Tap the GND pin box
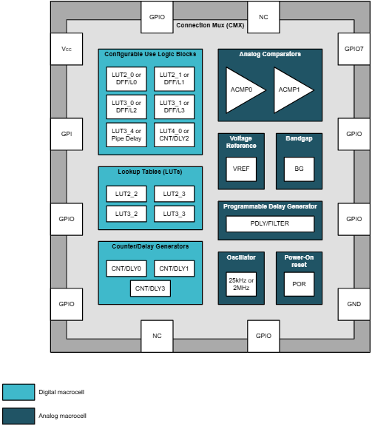pyautogui.click(x=354, y=304)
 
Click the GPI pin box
pyautogui.click(x=67, y=134)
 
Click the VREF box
pyautogui.click(x=241, y=169)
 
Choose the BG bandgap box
pyautogui.click(x=299, y=169)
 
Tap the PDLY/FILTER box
pyautogui.click(x=270, y=224)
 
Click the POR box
pyautogui.click(x=299, y=284)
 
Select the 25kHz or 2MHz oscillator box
pyautogui.click(x=241, y=284)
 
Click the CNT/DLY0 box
pyautogui.click(x=126, y=268)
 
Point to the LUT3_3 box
pyautogui.click(x=175, y=213)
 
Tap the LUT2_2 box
pyautogui.click(x=126, y=194)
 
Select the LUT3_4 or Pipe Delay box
pyautogui.click(x=126, y=133)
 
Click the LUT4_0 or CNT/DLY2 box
pyautogui.click(x=175, y=133)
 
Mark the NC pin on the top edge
pyautogui.click(x=263, y=16)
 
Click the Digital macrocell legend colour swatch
pyautogui.click(x=18, y=392)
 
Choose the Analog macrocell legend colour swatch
pyautogui.click(x=18, y=416)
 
